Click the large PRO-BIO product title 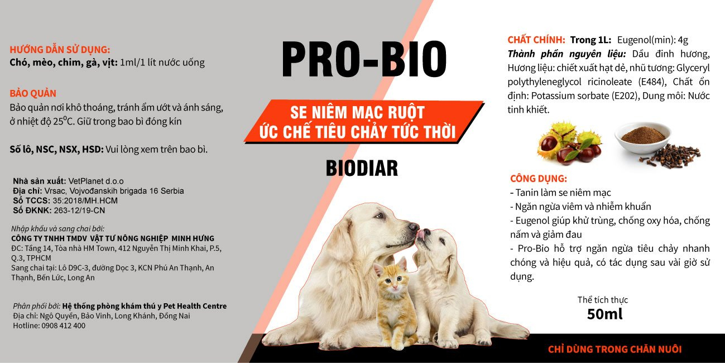coord(364,59)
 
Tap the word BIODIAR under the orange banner coord(362,169)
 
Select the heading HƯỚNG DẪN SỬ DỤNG coord(60,50)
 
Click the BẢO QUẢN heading coord(33,94)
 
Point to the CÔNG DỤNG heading coord(539,179)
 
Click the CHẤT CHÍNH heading coord(536,40)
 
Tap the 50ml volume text coord(604,314)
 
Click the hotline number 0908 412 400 coord(64,326)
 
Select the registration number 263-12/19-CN coord(79,211)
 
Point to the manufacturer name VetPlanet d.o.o coord(96,181)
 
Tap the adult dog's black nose coord(414,226)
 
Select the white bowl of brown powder coord(643,137)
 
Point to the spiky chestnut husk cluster coord(569,142)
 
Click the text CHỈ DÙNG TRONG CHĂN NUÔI coord(614,349)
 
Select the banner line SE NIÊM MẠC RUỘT coord(357,112)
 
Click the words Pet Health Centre coord(195,306)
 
